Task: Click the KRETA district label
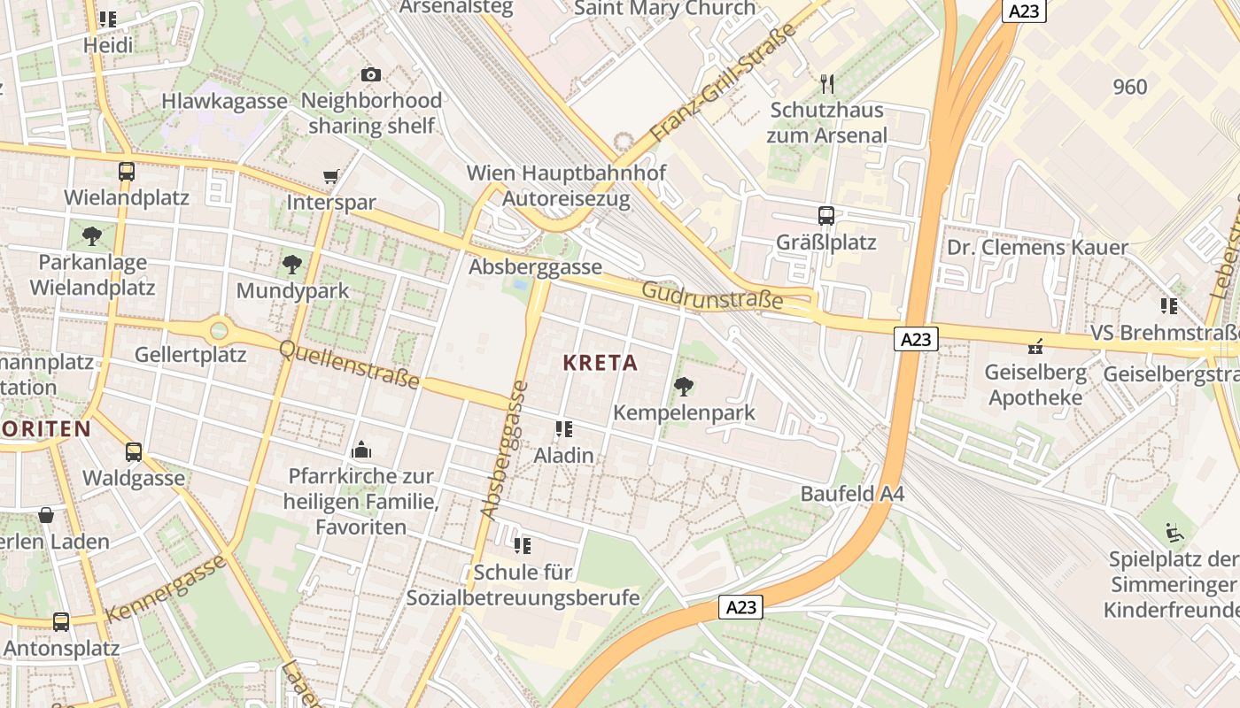coord(600,363)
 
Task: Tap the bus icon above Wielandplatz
coord(127,172)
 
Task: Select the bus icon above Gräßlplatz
coord(825,216)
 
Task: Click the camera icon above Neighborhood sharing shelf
coord(371,75)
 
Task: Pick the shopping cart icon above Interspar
coord(331,177)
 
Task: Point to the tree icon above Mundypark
coord(291,264)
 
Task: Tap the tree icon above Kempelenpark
coord(683,386)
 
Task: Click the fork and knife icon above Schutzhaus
coord(827,84)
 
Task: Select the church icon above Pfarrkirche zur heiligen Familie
coord(360,450)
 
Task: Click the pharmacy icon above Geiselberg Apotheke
coord(1035,346)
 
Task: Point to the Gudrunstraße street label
coord(712,296)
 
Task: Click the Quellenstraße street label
coord(349,365)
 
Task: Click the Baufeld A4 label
coord(852,494)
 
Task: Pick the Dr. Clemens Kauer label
coord(1037,247)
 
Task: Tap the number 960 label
coord(1129,87)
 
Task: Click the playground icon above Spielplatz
coord(1174,533)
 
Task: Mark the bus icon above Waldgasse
coord(134,452)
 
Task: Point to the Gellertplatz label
coord(190,355)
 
